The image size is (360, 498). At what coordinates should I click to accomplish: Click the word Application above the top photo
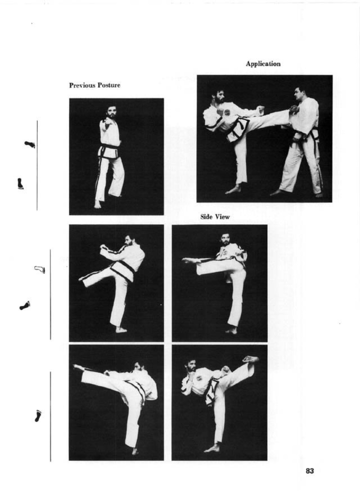click(263, 64)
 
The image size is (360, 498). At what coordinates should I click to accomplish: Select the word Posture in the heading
click(110, 85)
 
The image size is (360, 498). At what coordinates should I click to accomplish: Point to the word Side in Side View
click(207, 217)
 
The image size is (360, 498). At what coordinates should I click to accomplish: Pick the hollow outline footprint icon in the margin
click(40, 269)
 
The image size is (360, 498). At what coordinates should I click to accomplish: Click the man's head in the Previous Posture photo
click(111, 112)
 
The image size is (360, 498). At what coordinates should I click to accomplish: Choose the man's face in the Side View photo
click(225, 239)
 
